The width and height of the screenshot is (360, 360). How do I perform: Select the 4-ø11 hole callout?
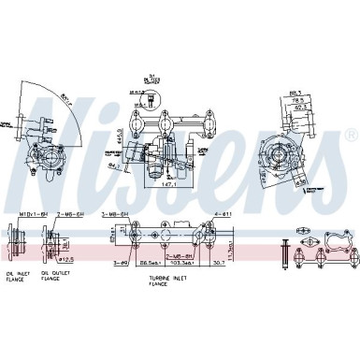(223, 214)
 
